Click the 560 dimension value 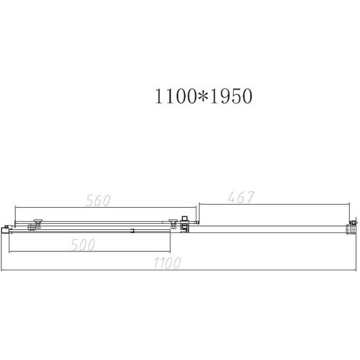(97, 201)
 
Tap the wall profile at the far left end (6, 229)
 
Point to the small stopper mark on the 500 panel (133, 231)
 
